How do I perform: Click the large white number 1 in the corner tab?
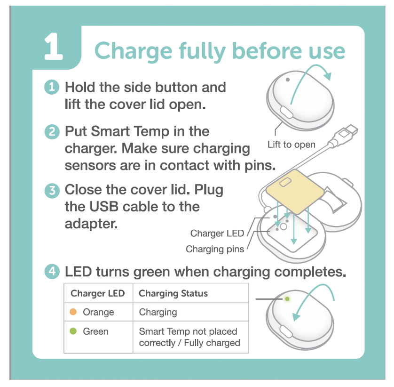pos(53,47)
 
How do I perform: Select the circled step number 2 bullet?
pos(52,132)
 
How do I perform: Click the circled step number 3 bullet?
pos(52,191)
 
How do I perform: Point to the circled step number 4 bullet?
pos(52,272)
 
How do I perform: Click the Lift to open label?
pos(291,145)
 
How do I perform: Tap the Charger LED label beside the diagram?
pos(217,233)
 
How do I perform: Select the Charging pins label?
pos(215,249)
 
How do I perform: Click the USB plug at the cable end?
pos(346,134)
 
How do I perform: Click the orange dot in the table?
pos(73,312)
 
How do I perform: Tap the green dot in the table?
pos(73,331)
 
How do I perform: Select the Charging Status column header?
pos(173,293)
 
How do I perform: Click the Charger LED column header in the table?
pos(97,293)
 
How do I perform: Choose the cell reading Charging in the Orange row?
pos(158,312)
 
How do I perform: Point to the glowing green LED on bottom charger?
pos(287,299)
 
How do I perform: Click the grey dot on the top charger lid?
pos(288,80)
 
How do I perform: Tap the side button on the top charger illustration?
pos(286,112)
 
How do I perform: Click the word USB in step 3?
pos(104,207)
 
